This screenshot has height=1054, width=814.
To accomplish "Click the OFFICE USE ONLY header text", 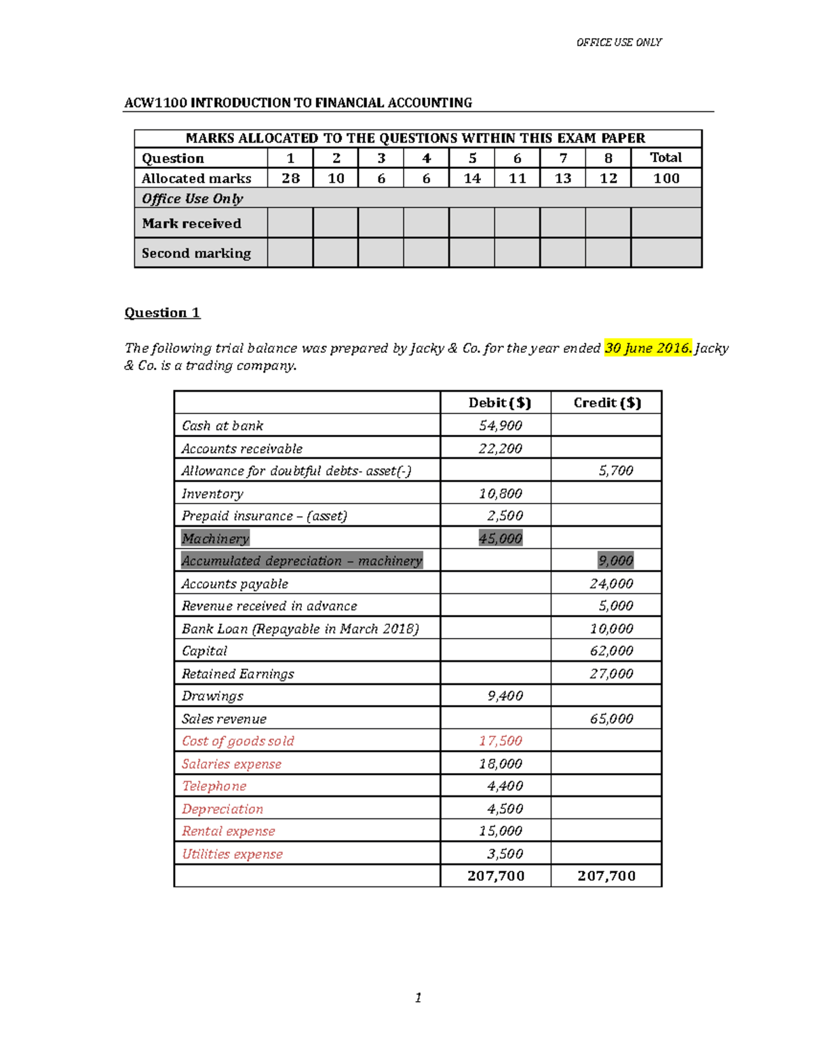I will [x=619, y=42].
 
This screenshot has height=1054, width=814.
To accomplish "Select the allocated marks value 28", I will [x=290, y=178].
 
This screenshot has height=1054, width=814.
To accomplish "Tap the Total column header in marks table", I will [x=665, y=157].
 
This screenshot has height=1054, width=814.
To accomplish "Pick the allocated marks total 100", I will [x=665, y=178].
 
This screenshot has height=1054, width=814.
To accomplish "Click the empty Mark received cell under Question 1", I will [x=290, y=223].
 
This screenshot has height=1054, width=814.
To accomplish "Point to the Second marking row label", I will [x=196, y=253].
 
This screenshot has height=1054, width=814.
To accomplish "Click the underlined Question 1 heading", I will [x=162, y=312].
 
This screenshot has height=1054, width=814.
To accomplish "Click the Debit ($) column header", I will [x=499, y=402].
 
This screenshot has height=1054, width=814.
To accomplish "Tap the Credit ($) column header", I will [x=606, y=402].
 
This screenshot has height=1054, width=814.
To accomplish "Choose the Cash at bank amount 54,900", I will [x=500, y=426].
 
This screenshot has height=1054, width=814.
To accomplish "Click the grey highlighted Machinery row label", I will [x=215, y=538].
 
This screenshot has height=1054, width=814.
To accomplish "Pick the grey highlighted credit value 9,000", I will [x=615, y=561].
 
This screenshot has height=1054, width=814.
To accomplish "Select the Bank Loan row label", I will [x=300, y=628].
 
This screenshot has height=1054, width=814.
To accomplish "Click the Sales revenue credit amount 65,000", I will [x=611, y=719].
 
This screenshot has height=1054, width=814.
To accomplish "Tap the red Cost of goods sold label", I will [x=237, y=741].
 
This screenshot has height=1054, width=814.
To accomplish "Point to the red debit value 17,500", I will [x=500, y=741].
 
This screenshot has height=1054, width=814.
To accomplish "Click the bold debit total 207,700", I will [x=496, y=876].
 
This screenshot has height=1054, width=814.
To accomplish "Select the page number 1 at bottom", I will [x=418, y=998].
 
